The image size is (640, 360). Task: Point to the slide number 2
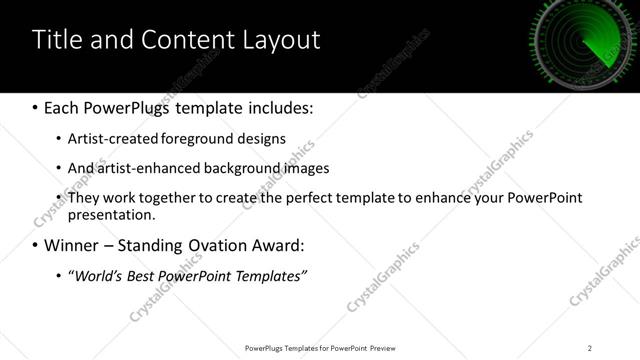coord(590,347)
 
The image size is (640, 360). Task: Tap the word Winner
coord(73,245)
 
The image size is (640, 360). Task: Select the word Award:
coord(298,245)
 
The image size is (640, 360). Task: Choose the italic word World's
coord(95,275)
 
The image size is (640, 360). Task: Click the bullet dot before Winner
coord(36,246)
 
